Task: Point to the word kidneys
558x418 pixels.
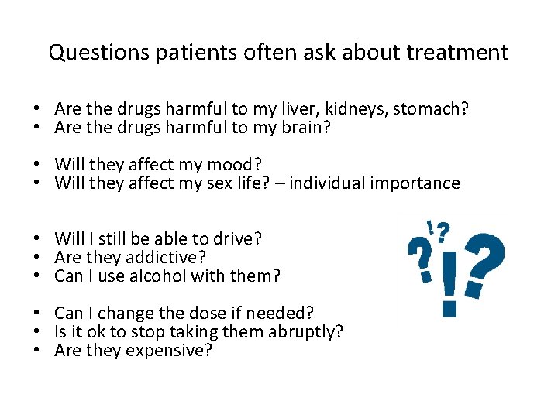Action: point(348,109)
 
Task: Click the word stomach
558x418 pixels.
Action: point(431,109)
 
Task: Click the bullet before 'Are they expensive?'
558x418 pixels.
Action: point(37,351)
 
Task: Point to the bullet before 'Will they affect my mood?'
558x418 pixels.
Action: point(37,165)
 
